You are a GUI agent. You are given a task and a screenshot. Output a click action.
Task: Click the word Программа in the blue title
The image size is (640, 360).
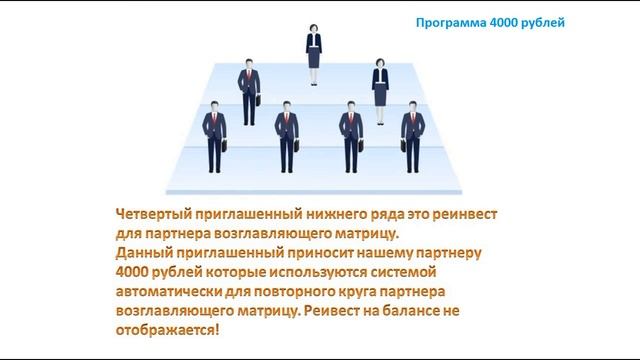click(x=449, y=20)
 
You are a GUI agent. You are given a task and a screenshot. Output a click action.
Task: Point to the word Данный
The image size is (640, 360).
click(x=144, y=253)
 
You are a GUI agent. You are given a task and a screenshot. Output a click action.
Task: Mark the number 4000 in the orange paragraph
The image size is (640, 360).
click(x=135, y=272)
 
